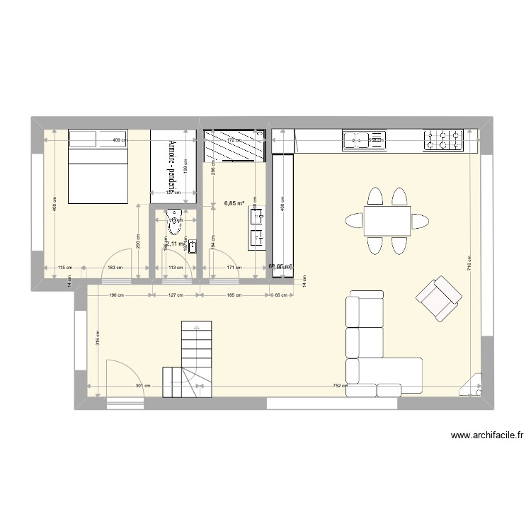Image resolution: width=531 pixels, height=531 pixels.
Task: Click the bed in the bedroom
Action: coord(98,167)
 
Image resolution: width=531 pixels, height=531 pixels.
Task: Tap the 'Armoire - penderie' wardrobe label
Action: coord(172,164)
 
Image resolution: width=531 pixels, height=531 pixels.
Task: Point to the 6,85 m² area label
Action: coord(234,204)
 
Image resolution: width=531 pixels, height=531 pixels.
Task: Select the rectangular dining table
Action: coord(387,220)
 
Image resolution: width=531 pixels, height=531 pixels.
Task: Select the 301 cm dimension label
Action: coord(143,386)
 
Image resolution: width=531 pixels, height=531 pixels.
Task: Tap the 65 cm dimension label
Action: coord(281,295)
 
